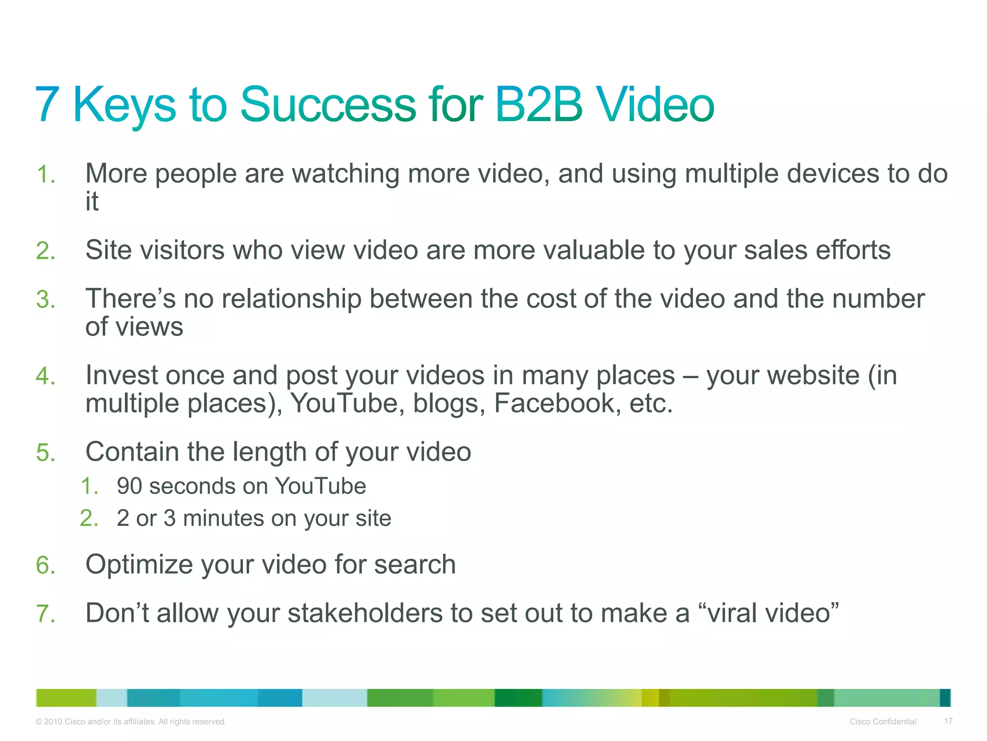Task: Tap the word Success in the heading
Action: coord(328,105)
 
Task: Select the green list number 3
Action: coord(45,300)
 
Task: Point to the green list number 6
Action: coord(45,565)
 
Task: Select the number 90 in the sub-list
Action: coord(129,486)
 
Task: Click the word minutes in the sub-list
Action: coord(223,519)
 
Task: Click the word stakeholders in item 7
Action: coord(365,614)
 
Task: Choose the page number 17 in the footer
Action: coord(948,721)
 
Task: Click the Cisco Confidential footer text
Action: coord(882,722)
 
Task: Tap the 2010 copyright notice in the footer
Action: coord(131,722)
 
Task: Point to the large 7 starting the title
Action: coord(47,105)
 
